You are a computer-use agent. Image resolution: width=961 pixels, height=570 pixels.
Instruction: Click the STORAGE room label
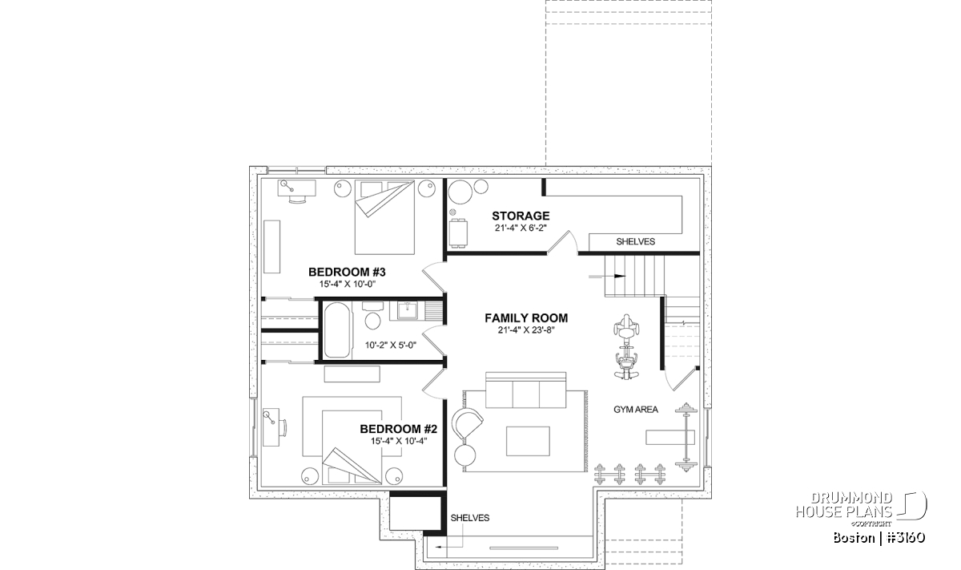(521, 216)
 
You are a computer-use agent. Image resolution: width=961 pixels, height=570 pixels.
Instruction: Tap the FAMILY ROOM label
(526, 318)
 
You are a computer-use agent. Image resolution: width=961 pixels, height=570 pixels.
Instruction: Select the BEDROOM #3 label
(347, 272)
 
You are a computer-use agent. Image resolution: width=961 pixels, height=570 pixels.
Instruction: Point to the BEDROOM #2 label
(399, 429)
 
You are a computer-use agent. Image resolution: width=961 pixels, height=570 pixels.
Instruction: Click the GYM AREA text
(636, 410)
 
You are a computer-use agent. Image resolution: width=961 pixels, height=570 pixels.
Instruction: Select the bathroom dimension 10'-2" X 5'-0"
(391, 345)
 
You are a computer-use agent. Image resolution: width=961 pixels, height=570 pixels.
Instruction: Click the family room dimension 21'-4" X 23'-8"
(526, 330)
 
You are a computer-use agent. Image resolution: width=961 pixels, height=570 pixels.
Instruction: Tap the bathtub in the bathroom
(337, 329)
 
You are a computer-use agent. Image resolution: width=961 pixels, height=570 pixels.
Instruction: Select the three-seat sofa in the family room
(526, 390)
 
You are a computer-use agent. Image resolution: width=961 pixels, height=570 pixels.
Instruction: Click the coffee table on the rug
(528, 441)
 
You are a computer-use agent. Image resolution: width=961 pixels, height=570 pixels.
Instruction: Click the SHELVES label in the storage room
(635, 242)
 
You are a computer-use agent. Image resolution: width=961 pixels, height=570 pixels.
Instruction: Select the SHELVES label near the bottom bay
(470, 518)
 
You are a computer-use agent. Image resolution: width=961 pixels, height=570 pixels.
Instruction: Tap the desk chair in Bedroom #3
(298, 200)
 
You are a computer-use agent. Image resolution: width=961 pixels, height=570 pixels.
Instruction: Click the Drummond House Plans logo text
(844, 505)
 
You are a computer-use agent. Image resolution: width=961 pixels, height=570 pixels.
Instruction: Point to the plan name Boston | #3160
(879, 538)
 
